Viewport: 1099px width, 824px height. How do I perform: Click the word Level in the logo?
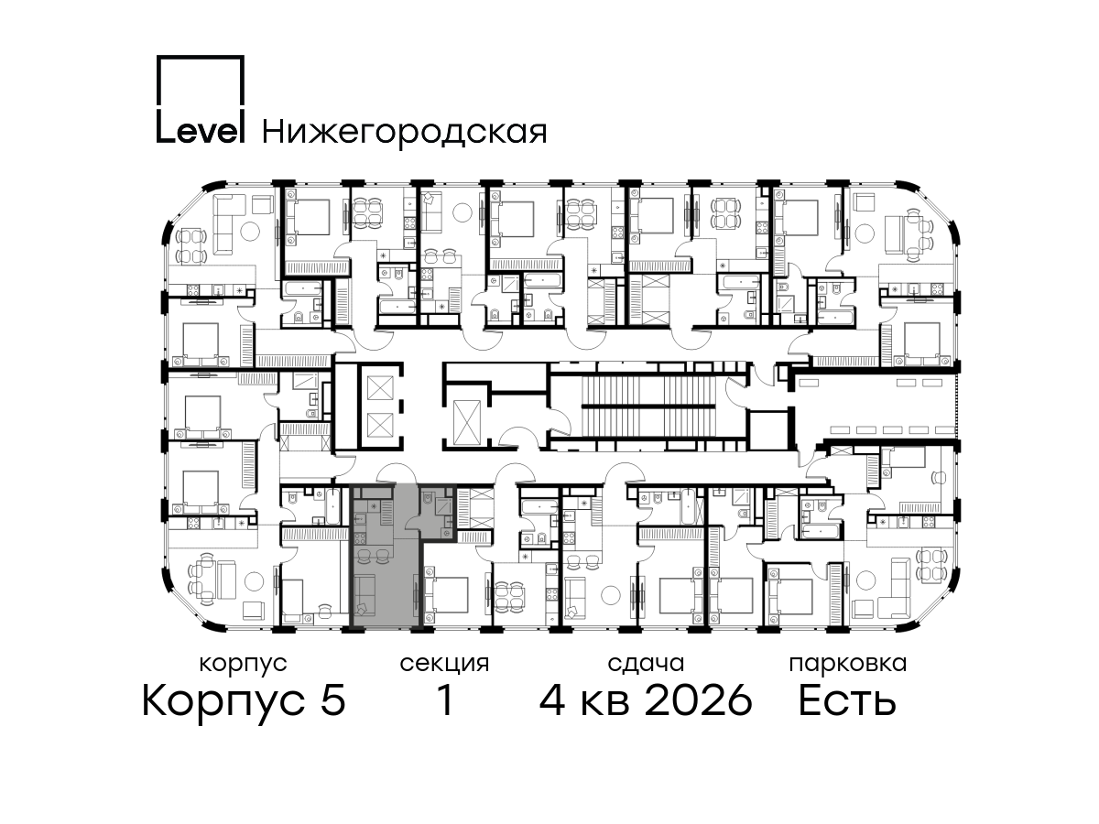coord(201,131)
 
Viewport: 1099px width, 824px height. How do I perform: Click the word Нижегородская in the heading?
coord(405,134)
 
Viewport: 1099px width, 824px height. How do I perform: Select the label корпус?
coord(244,665)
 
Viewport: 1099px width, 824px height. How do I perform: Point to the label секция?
coord(444,665)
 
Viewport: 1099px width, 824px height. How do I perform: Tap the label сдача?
coord(646,665)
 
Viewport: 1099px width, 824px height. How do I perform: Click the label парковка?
coord(848,665)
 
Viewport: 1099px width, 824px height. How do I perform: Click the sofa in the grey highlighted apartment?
coord(365,595)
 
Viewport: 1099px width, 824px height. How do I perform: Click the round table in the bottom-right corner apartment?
coord(866,580)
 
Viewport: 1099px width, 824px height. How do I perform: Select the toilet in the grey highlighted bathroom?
coord(427,497)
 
